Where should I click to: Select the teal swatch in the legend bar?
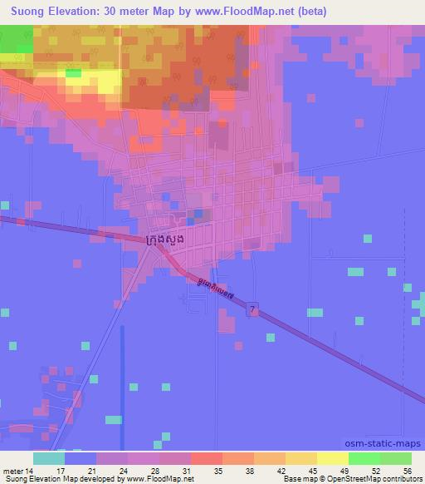pyautogui.click(x=48, y=458)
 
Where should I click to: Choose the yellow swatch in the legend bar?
pyautogui.click(x=332, y=458)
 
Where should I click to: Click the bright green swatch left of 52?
pyautogui.click(x=364, y=458)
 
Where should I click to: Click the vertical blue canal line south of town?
pyautogui.click(x=122, y=366)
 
